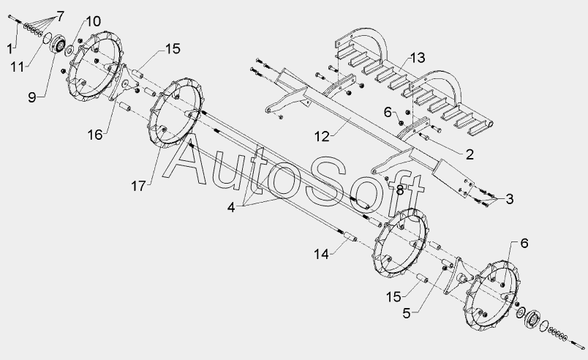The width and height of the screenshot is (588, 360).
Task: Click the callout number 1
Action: pyautogui.click(x=10, y=48)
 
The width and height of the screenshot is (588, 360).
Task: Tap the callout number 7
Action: pyautogui.click(x=59, y=15)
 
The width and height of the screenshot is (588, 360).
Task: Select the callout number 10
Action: pyautogui.click(x=92, y=21)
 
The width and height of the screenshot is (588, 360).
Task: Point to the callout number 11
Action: pyautogui.click(x=20, y=66)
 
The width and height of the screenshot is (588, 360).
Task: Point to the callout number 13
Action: pyautogui.click(x=417, y=59)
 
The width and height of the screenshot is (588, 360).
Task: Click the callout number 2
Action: pyautogui.click(x=469, y=154)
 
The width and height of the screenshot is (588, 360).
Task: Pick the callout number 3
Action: pyautogui.click(x=509, y=198)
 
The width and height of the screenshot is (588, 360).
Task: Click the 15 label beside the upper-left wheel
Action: pyautogui.click(x=172, y=49)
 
